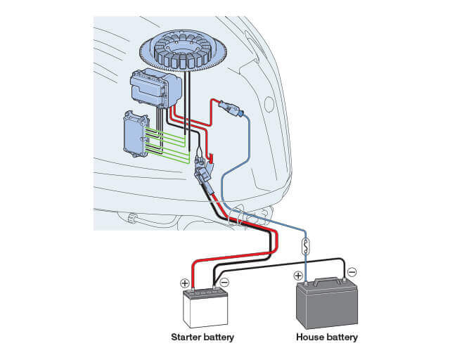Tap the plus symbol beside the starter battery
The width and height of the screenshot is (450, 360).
coord(185,283)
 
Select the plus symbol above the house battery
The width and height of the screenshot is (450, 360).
coord(298,276)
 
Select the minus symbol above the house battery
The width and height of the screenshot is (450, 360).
coord(352,271)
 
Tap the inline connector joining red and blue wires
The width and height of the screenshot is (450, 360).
coord(231,109)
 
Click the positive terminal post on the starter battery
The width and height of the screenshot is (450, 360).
coord(192,288)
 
